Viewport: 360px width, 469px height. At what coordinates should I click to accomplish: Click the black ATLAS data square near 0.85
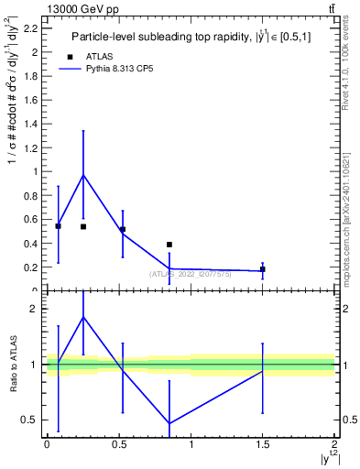tap(169, 245)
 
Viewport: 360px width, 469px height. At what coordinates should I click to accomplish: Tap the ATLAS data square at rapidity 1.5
tap(263, 269)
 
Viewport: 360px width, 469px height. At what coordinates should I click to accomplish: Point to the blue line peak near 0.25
tap(83, 175)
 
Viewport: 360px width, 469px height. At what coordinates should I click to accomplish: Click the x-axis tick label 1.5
tap(263, 445)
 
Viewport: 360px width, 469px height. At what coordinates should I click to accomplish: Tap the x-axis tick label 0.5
tap(119, 445)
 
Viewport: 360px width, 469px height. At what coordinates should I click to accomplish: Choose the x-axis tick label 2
tap(334, 445)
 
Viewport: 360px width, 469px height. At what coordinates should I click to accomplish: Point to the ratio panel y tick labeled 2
tap(34, 309)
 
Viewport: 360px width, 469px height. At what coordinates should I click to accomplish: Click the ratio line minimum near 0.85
tap(169, 423)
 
